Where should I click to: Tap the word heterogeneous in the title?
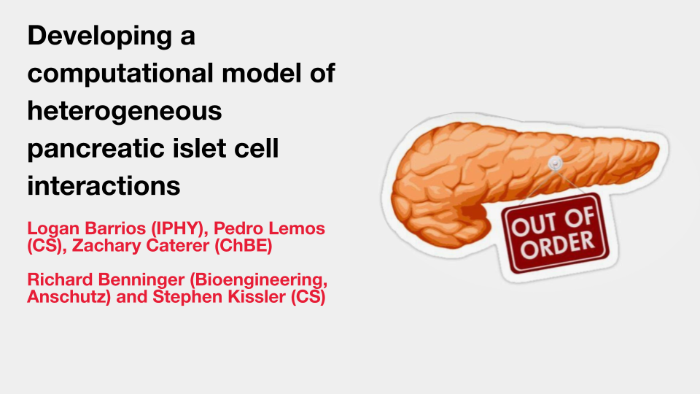(x=125, y=112)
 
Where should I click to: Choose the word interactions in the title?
(x=104, y=186)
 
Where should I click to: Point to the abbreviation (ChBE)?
(x=244, y=246)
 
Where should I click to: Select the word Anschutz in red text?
(x=69, y=297)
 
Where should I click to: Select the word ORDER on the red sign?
(x=558, y=245)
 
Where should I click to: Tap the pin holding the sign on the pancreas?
(x=555, y=163)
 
